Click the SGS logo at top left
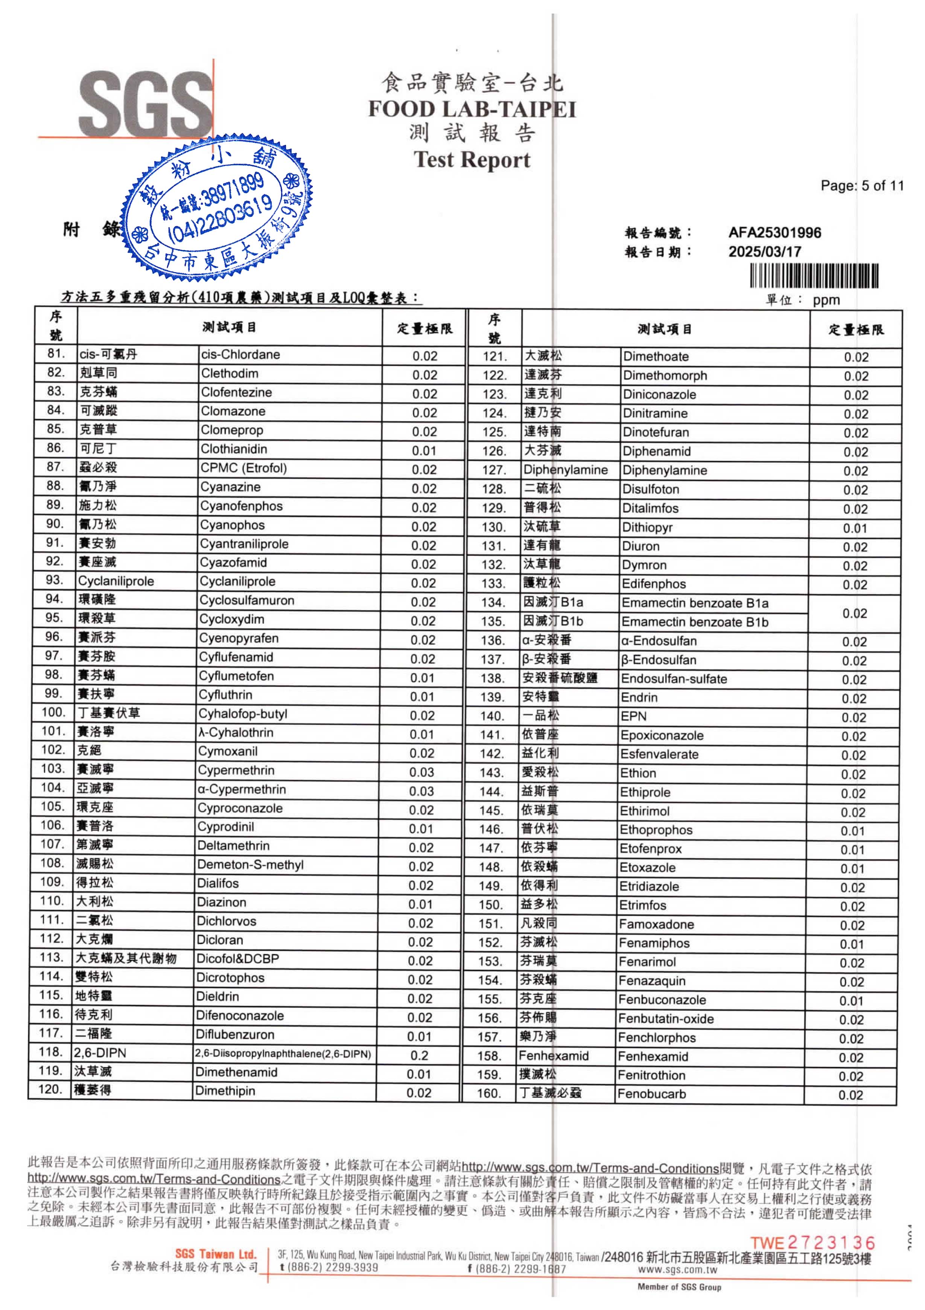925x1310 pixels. coord(145,104)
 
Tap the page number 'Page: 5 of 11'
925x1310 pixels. coord(862,185)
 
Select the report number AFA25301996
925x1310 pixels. coord(774,233)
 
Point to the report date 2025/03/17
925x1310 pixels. coord(764,252)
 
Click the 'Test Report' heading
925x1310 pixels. coord(472,159)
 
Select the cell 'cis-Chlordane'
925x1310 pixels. coord(240,354)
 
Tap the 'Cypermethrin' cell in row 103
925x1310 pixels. coord(236,770)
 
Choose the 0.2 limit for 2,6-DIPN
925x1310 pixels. coord(419,1055)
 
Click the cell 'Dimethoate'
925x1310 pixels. coord(656,357)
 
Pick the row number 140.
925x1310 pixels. coord(491,716)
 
